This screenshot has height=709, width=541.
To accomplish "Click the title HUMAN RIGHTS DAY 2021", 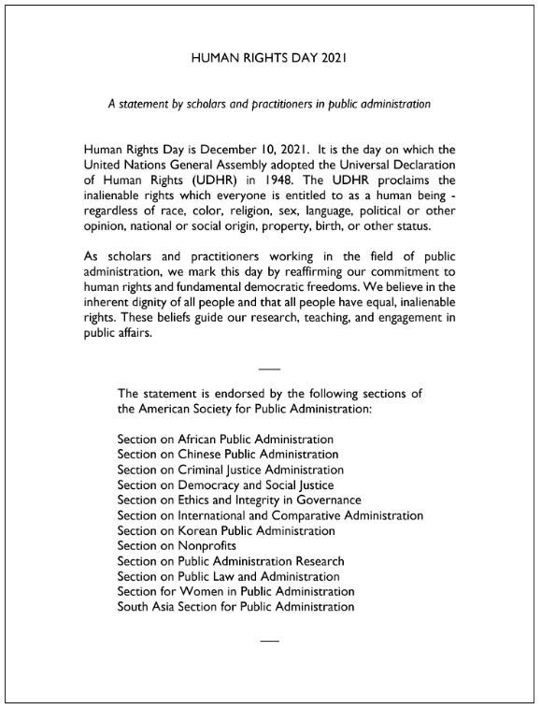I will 269,58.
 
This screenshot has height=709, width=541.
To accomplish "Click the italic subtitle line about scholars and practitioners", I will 269,104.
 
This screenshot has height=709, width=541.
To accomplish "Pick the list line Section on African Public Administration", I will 225,439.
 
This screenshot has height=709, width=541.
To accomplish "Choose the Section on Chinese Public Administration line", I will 227,454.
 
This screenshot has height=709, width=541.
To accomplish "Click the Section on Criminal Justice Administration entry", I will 231,470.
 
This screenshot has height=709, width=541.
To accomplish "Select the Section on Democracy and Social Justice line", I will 225,485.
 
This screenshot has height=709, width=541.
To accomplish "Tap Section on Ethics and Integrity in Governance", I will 238,500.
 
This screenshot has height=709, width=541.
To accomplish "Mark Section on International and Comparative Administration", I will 270,515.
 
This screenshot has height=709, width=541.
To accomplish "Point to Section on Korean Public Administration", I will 226,530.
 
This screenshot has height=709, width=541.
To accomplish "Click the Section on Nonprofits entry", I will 177,545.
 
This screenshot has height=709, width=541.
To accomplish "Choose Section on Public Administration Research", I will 231,561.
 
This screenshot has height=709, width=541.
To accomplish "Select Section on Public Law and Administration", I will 221,576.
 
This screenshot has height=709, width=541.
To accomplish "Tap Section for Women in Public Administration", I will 235,591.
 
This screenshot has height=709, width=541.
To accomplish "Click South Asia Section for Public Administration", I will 235,606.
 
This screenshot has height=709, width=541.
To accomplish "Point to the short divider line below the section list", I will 269,641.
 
